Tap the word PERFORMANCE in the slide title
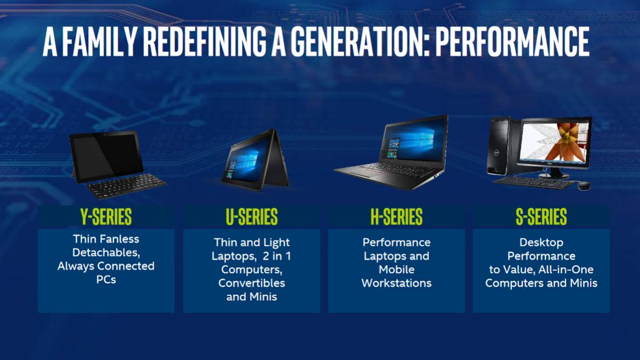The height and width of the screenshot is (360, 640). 512,42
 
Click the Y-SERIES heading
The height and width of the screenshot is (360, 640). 106,217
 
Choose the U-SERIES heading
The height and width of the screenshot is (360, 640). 251,217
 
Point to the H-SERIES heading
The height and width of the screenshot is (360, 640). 397,217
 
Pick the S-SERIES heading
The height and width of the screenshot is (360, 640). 541,217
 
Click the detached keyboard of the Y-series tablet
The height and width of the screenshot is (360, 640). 126,186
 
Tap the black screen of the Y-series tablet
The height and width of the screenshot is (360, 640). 106,154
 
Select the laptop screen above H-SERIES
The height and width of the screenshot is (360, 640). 413,139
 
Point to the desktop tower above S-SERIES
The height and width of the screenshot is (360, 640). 501,146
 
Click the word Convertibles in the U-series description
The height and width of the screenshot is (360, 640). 251,283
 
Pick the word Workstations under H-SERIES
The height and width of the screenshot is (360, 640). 397,283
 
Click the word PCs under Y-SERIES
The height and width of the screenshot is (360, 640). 106,279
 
